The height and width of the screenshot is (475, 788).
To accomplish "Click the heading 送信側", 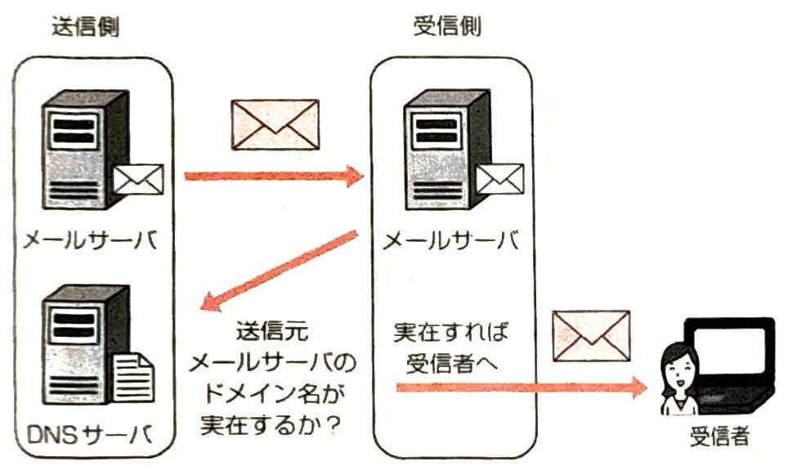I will point(85,27).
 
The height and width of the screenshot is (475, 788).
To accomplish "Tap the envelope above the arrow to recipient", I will point(592,335).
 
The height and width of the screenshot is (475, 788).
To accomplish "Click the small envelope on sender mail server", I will point(138,178).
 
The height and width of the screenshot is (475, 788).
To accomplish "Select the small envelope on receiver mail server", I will point(499,178).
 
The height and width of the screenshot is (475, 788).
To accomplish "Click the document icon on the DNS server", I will point(132,377).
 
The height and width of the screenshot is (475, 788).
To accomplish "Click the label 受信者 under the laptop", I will point(719,438).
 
